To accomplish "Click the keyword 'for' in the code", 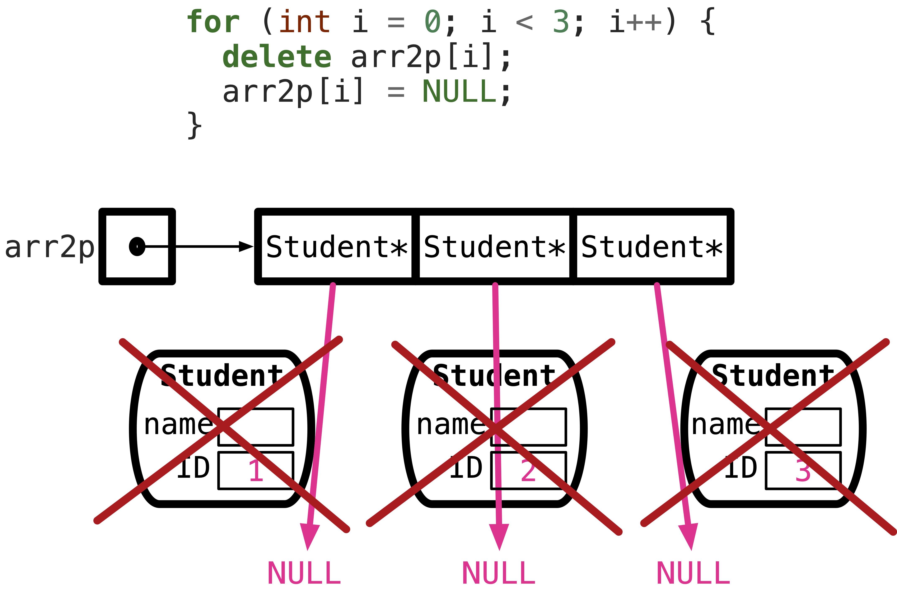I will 213,22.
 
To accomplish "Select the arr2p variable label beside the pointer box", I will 49,248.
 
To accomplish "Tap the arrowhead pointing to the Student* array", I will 246,246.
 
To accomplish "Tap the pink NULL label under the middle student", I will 499,573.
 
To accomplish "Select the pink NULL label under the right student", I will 693,573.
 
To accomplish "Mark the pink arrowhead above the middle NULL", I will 499,536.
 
